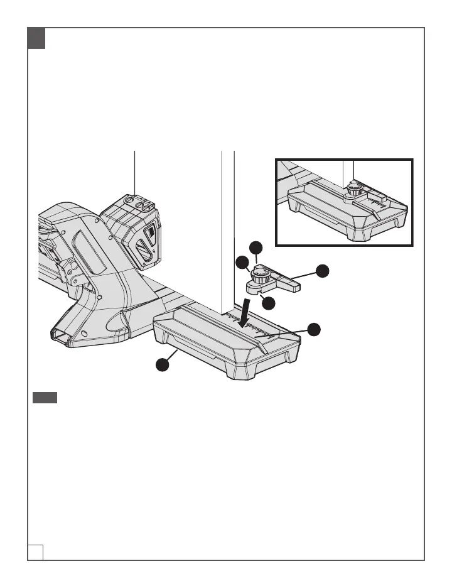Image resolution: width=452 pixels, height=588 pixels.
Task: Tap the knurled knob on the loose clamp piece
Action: click(260, 274)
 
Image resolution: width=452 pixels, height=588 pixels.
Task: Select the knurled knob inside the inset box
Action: click(355, 187)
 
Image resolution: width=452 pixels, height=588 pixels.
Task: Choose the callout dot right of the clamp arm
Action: click(321, 271)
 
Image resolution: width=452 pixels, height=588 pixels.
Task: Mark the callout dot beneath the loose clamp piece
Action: click(269, 303)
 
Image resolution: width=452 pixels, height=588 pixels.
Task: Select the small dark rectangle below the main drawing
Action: click(45, 398)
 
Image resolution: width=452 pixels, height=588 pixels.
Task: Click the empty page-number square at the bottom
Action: click(36, 551)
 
